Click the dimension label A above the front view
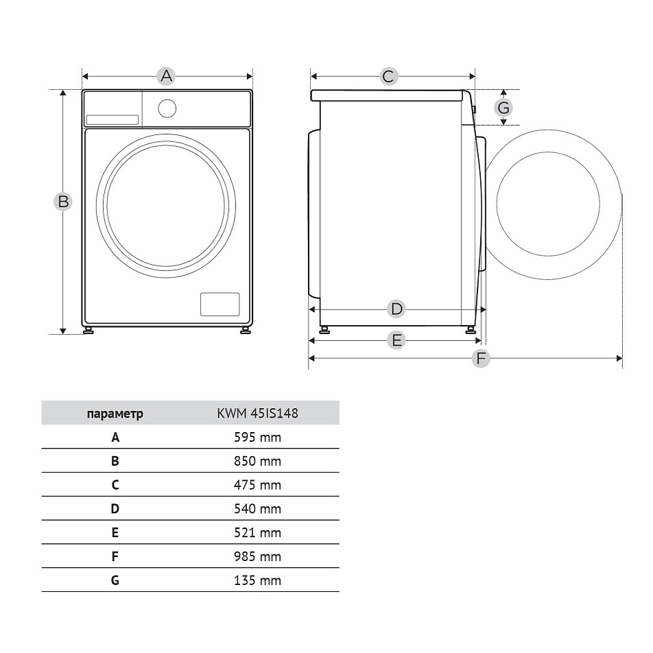pos(166,76)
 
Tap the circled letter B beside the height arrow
pos(63,202)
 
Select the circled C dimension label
pos(388,76)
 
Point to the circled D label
pos(396,309)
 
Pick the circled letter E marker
pos(396,340)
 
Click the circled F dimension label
pos(481,358)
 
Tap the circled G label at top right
pos(503,108)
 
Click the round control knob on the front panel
pos(167,108)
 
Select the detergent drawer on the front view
pos(112,120)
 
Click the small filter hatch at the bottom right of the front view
pos(220,304)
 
